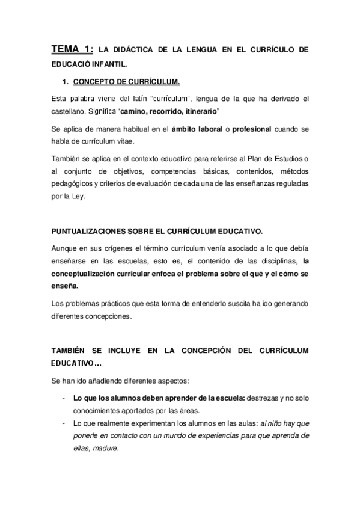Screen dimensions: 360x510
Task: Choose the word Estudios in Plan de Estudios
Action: point(285,158)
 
